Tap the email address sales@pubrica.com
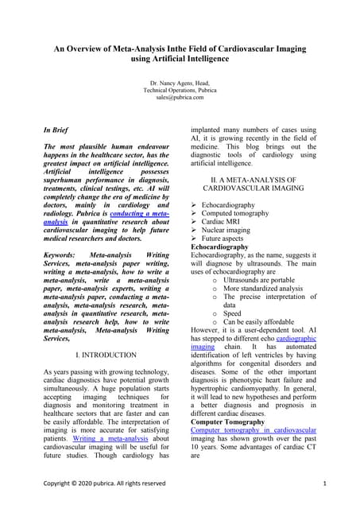(180, 97)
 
